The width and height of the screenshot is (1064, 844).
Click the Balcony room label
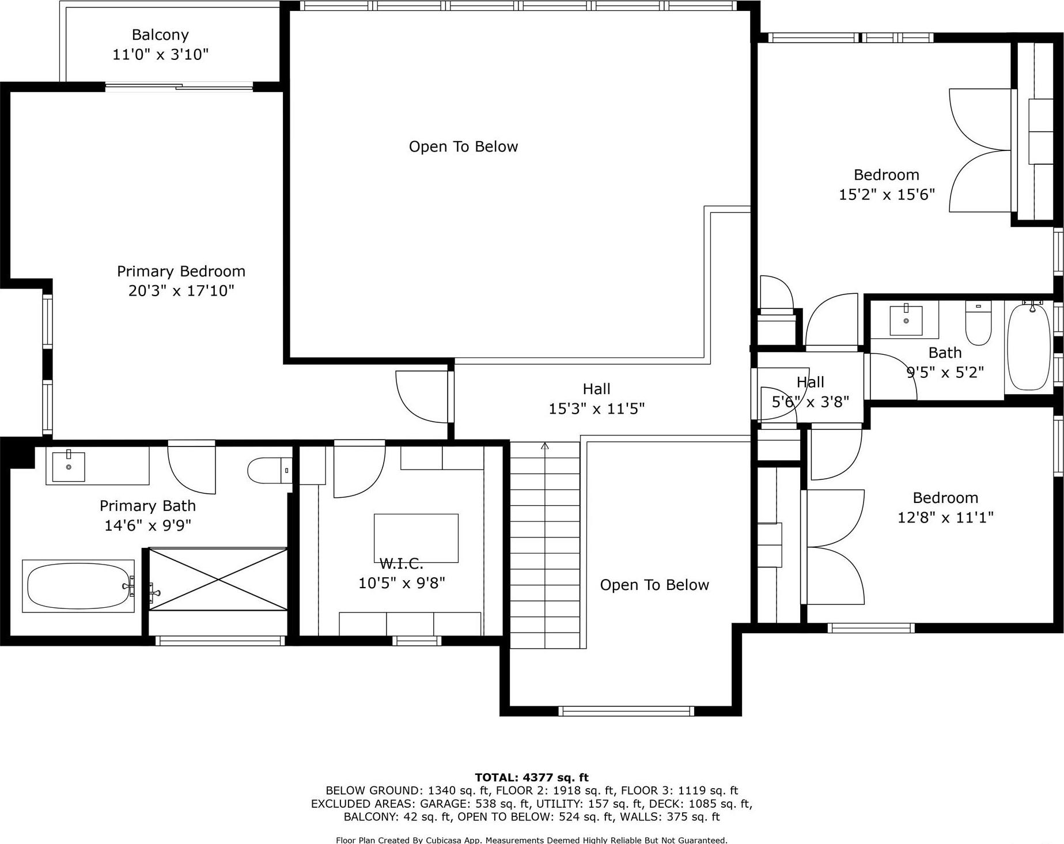tap(160, 35)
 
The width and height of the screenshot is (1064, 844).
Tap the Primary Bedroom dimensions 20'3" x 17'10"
tap(181, 290)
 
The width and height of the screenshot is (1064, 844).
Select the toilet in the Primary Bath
tap(268, 470)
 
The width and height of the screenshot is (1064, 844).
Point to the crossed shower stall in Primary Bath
tap(218, 579)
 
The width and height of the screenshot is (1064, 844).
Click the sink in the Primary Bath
tap(69, 466)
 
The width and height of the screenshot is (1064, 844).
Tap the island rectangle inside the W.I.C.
tap(416, 538)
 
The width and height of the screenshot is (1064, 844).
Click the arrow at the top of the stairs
tap(545, 445)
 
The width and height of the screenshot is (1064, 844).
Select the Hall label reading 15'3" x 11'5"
tap(596, 408)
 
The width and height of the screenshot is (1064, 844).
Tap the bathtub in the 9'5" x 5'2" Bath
tap(1029, 347)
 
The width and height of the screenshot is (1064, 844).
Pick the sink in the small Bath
tap(906, 320)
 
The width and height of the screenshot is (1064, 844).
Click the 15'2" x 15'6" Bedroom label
tap(886, 194)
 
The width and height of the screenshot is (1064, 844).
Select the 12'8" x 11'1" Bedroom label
tap(945, 517)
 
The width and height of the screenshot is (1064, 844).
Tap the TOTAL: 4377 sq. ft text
tap(531, 778)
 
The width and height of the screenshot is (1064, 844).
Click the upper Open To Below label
tap(463, 147)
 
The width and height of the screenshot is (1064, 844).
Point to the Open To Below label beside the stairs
tap(654, 585)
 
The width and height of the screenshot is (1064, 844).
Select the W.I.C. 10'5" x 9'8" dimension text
tap(402, 583)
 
